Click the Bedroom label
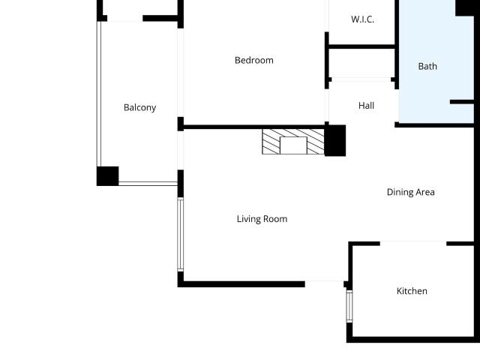point(254,60)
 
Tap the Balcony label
point(140,108)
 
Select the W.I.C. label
point(363,19)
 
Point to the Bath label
point(427,67)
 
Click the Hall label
point(367,106)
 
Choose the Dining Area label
point(411,192)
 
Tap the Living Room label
point(262,219)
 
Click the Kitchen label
point(412,291)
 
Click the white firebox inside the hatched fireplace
point(293,145)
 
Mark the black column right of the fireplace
point(335,140)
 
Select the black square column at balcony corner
point(108,176)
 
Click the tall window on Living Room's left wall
point(181,235)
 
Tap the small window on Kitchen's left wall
point(349,306)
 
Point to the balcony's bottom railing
point(148,184)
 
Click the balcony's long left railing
point(99,94)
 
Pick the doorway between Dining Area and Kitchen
point(413,243)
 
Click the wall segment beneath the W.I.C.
point(361,46)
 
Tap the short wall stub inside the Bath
point(462,102)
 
